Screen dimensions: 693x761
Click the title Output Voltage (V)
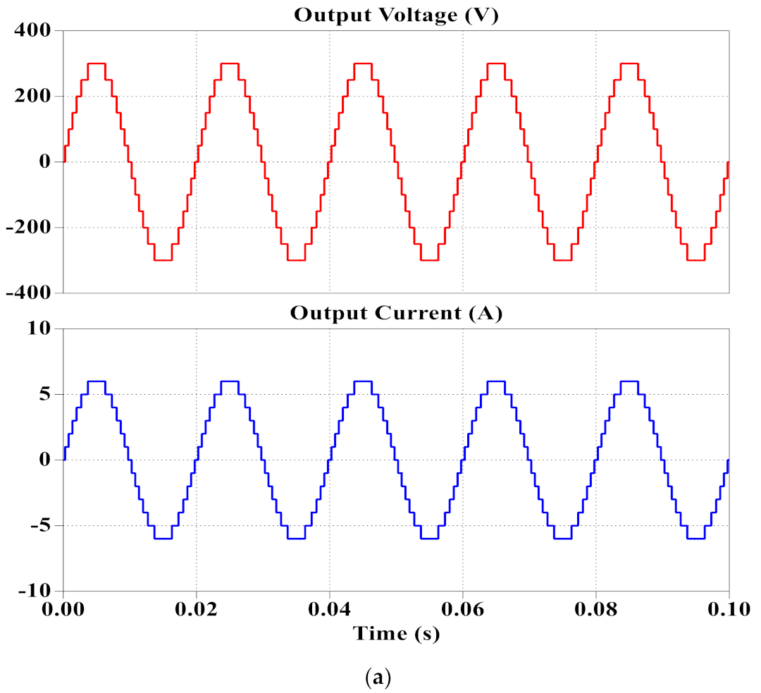click(x=395, y=16)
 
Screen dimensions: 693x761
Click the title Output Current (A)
click(x=395, y=314)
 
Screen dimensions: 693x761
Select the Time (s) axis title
click(x=396, y=633)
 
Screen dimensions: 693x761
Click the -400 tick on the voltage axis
click(x=29, y=293)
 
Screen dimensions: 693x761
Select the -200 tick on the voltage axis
click(x=29, y=228)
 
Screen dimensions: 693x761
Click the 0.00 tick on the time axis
click(x=63, y=609)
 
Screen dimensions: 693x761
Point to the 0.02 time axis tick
click(x=197, y=609)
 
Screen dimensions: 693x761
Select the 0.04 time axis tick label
click(x=330, y=609)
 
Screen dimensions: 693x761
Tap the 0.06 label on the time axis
click(x=463, y=609)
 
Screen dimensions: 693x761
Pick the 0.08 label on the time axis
click(x=596, y=609)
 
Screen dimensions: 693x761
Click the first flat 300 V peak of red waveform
click(x=97, y=63)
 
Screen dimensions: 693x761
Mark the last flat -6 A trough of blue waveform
click(x=695, y=539)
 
